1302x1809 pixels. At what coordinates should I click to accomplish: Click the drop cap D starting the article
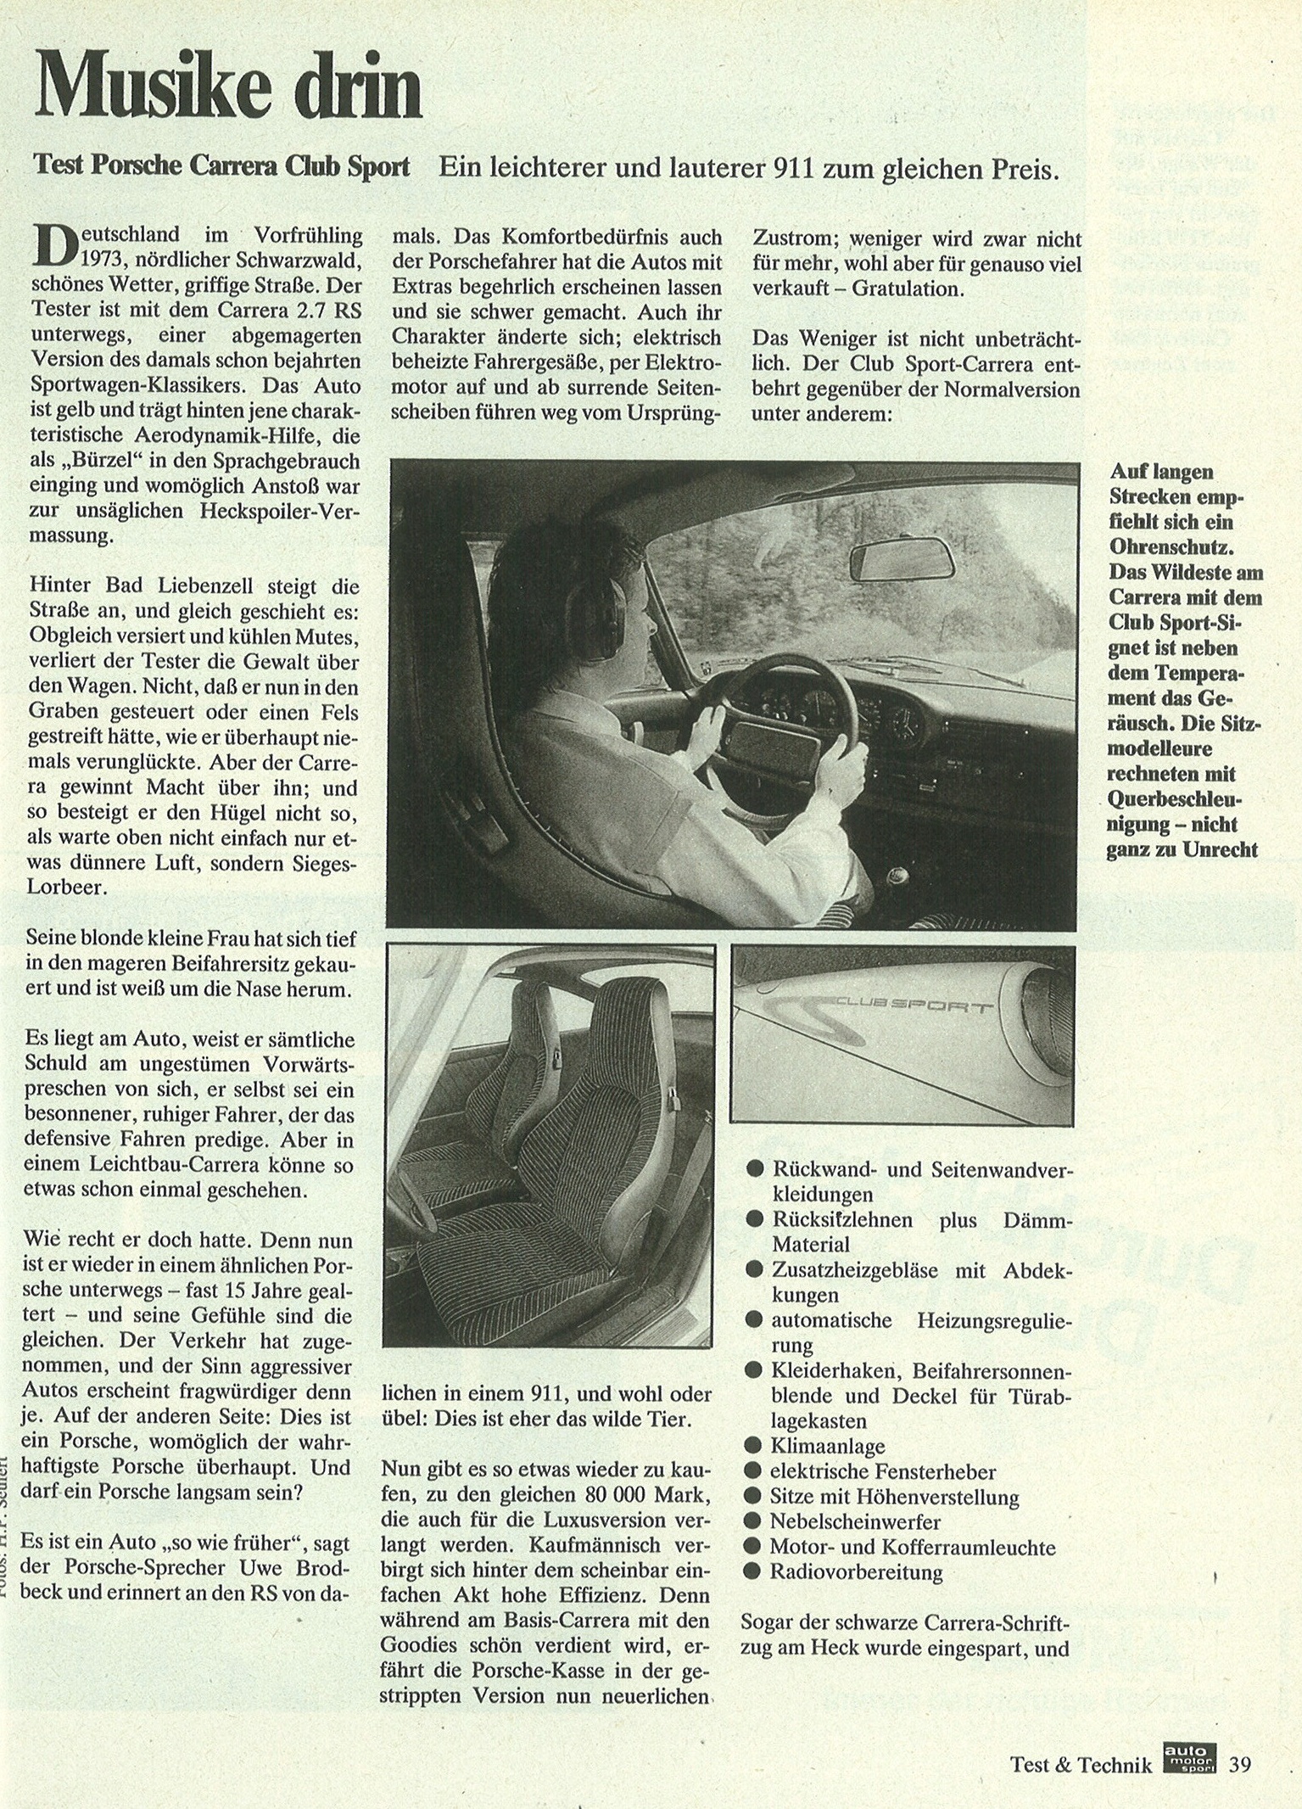(x=52, y=244)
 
